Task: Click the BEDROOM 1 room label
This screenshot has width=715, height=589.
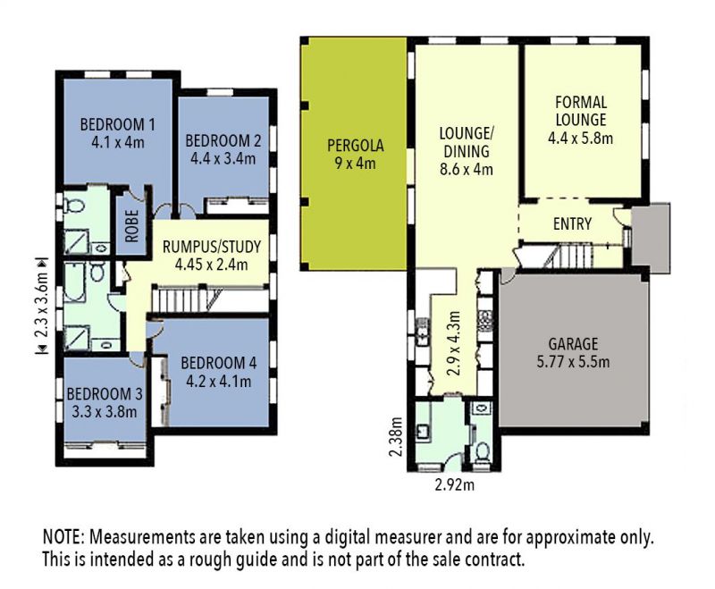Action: pyautogui.click(x=118, y=124)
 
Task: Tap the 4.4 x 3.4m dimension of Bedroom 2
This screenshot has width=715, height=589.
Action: pyautogui.click(x=223, y=159)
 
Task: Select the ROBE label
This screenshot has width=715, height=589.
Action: pyautogui.click(x=131, y=226)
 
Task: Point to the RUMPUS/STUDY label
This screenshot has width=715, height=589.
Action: pyautogui.click(x=212, y=247)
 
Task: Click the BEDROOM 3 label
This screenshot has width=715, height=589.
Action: pyautogui.click(x=105, y=393)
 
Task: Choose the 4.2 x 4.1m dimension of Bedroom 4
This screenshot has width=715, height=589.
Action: pyautogui.click(x=218, y=381)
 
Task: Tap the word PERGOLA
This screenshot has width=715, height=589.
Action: pyautogui.click(x=356, y=146)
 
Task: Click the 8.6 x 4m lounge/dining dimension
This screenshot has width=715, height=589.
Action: pyautogui.click(x=466, y=169)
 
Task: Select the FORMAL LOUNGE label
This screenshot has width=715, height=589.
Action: pyautogui.click(x=581, y=111)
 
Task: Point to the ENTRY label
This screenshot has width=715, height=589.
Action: pyautogui.click(x=572, y=223)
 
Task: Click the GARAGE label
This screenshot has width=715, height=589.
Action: pyautogui.click(x=573, y=343)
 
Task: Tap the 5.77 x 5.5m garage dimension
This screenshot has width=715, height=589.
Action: pyautogui.click(x=573, y=361)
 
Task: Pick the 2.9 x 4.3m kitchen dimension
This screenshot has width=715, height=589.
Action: pyautogui.click(x=453, y=343)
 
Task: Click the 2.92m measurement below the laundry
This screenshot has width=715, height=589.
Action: pyautogui.click(x=455, y=485)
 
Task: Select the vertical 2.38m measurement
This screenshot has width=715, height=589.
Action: pyautogui.click(x=395, y=437)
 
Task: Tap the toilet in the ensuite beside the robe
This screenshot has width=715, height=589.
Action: pyautogui.click(x=74, y=206)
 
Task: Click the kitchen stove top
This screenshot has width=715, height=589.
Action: pyautogui.click(x=484, y=320)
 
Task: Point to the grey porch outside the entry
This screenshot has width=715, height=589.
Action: pyautogui.click(x=652, y=238)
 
